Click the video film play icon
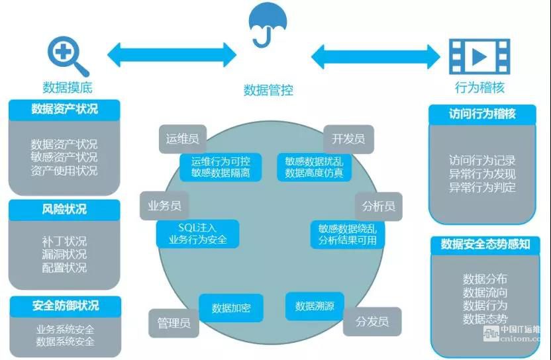(x=479, y=57)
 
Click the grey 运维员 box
(x=182, y=140)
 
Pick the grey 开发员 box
(x=348, y=139)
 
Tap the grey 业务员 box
(x=165, y=206)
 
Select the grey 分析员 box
(x=378, y=206)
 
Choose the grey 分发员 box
(x=372, y=322)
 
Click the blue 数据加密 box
(x=231, y=308)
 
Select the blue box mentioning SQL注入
(x=197, y=234)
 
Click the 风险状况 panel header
(x=64, y=210)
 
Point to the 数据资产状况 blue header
(x=64, y=110)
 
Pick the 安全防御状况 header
(x=65, y=306)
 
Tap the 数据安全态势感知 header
(x=485, y=245)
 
